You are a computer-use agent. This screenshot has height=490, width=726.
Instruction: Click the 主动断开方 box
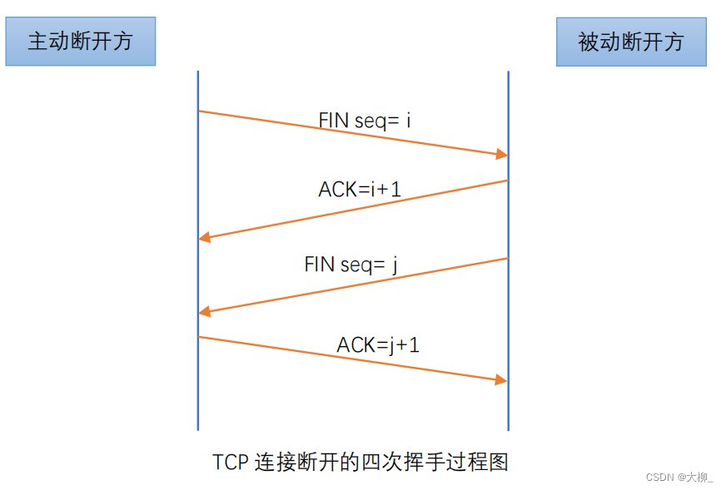80,41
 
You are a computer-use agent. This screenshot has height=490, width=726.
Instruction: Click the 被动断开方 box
631,42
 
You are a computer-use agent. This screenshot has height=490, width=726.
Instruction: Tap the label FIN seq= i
365,120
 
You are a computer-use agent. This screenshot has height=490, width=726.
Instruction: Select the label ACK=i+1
360,189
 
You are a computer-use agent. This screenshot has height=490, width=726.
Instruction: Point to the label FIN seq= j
351,265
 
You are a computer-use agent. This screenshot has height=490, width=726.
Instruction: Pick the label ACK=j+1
378,344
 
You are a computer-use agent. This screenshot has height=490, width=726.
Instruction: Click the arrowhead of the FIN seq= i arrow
502,155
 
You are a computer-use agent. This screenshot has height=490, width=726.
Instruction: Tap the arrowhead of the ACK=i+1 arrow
205,238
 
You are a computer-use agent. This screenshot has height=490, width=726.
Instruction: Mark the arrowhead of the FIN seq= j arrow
205,312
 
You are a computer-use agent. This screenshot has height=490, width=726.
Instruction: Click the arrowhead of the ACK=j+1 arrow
501,379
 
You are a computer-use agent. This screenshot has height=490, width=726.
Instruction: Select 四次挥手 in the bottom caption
401,462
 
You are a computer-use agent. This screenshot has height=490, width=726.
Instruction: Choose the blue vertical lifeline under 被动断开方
508,408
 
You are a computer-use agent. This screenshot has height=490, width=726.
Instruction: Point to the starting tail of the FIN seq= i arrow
200,111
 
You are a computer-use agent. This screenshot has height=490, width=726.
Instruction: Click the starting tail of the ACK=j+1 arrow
200,337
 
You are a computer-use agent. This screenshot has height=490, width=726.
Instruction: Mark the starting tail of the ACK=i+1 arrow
507,181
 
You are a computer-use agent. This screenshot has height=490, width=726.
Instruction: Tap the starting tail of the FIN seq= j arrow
507,259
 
